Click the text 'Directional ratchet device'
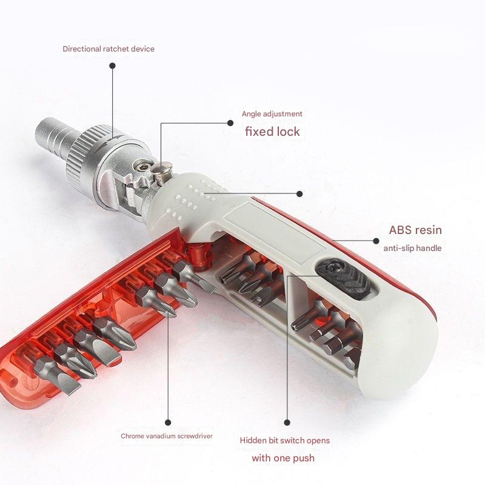[109, 49]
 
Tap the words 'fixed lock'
[272, 132]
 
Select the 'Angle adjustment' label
[272, 114]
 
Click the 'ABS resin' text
[415, 230]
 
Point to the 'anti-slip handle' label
[412, 248]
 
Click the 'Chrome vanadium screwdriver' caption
[167, 436]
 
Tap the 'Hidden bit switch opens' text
[284, 441]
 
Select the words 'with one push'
[283, 458]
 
